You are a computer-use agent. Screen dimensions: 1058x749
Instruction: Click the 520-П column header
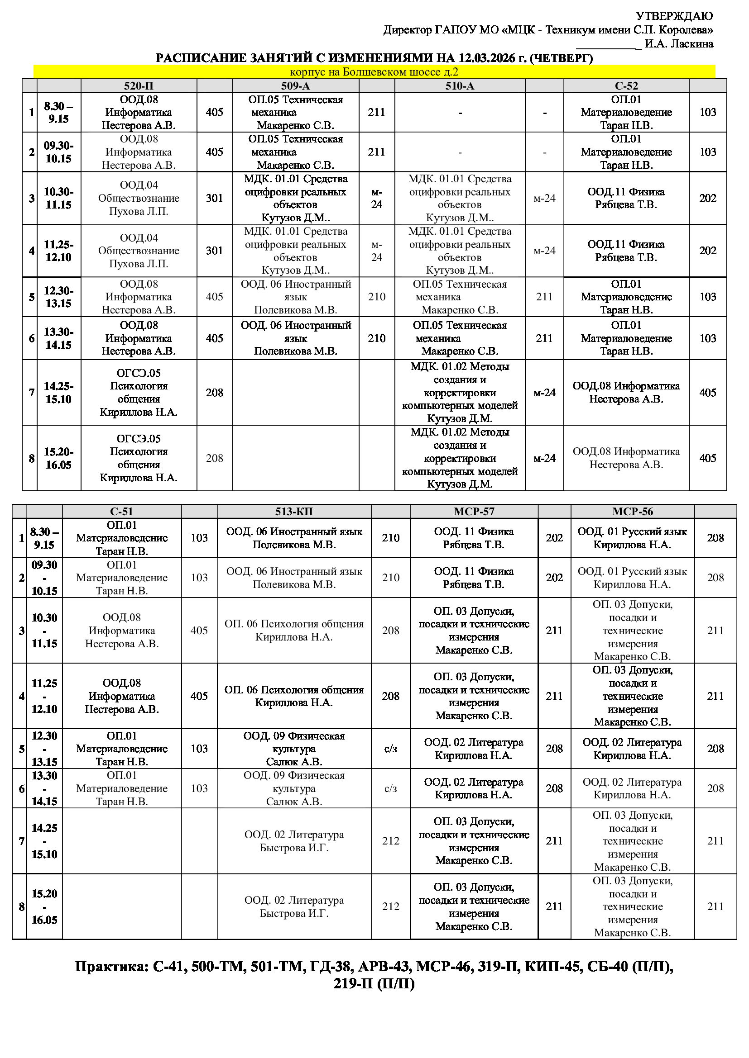pyautogui.click(x=139, y=85)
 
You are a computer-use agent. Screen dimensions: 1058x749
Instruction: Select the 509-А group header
pyautogui.click(x=295, y=85)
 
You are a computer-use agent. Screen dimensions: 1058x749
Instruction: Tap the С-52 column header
pyautogui.click(x=626, y=85)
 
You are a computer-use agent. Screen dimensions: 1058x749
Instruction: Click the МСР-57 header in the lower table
pyautogui.click(x=474, y=512)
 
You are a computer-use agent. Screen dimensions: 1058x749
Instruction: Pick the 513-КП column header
pyautogui.click(x=294, y=512)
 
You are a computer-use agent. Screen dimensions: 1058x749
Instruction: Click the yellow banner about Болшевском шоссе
pyautogui.click(x=374, y=72)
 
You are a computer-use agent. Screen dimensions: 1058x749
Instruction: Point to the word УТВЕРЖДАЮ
pyautogui.click(x=674, y=16)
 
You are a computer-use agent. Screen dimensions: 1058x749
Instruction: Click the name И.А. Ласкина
pyautogui.click(x=679, y=44)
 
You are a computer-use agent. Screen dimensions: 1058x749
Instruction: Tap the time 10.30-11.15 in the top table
pyautogui.click(x=58, y=198)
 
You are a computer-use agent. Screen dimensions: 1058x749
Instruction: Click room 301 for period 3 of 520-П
pyautogui.click(x=215, y=198)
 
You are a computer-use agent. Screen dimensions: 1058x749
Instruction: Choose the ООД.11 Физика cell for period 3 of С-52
pyautogui.click(x=626, y=198)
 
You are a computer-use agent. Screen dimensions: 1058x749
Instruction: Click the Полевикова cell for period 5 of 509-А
pyautogui.click(x=295, y=297)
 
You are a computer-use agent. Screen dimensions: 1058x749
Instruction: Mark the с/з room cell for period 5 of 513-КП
pyautogui.click(x=391, y=749)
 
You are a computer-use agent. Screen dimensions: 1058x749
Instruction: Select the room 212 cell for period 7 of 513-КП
pyautogui.click(x=391, y=841)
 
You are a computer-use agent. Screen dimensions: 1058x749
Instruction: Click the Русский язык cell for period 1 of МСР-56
pyautogui.click(x=632, y=538)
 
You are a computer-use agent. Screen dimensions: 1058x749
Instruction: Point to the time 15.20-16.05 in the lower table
pyautogui.click(x=44, y=907)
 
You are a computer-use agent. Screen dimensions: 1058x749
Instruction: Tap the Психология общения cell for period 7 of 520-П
pyautogui.click(x=139, y=393)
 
